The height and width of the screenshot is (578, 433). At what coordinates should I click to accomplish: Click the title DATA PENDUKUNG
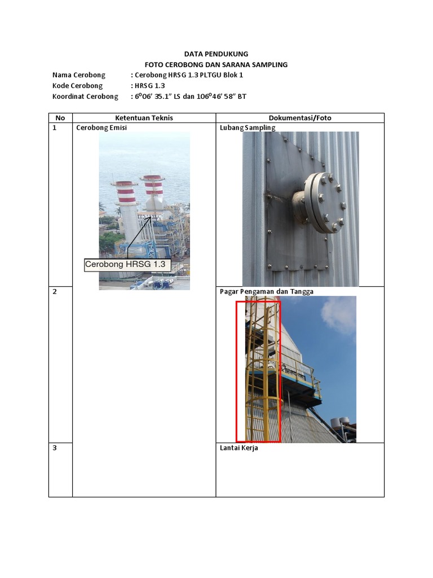(216, 54)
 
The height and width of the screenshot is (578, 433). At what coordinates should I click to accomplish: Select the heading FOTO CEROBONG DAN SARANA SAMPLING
(216, 65)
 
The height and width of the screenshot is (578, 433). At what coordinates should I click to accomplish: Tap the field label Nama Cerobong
(79, 75)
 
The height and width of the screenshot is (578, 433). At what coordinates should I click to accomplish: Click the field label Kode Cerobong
(78, 86)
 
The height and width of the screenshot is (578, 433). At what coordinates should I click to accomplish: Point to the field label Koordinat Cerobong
(85, 97)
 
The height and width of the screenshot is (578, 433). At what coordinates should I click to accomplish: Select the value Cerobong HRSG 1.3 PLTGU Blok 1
(189, 75)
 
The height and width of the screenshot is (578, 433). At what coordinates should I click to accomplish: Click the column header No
(60, 118)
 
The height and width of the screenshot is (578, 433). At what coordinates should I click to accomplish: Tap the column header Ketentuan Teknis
(144, 118)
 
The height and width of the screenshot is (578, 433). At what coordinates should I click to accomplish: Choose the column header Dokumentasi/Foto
(300, 118)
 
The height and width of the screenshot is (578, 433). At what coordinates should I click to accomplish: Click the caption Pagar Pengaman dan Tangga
(266, 292)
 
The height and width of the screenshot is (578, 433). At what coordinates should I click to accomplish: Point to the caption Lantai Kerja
(238, 449)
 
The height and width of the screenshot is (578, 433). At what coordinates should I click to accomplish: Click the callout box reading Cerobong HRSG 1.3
(127, 264)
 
